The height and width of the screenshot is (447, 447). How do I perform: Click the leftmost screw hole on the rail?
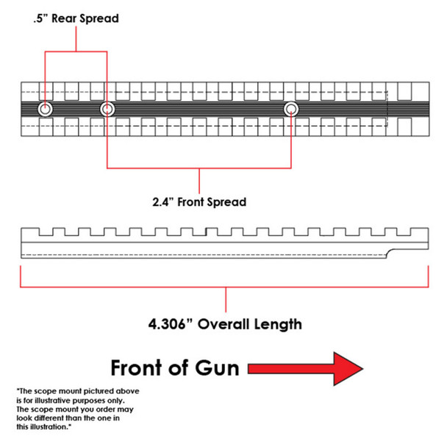pos(46,110)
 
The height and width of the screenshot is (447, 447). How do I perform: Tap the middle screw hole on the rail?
pos(108,110)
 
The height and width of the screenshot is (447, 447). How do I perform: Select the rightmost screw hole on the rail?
pos(292,110)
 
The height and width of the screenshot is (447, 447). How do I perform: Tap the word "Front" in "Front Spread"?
pos(198,201)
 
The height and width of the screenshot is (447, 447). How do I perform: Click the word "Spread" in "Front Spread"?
pos(229,201)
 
